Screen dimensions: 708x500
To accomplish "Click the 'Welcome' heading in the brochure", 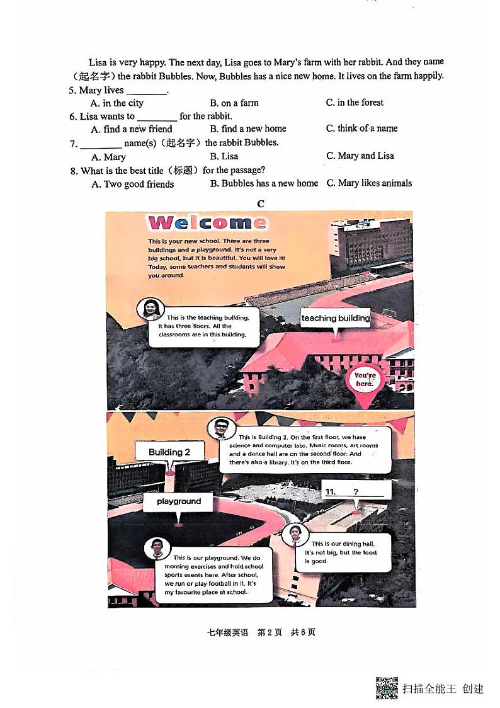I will [207, 222].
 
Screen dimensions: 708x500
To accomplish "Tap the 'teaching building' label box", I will [335, 318].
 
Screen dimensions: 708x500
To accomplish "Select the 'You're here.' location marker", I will [365, 379].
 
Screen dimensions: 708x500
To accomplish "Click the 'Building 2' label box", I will [169, 452].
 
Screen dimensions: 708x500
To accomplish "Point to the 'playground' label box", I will [179, 501].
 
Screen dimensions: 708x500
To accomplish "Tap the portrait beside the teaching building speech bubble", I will [151, 309].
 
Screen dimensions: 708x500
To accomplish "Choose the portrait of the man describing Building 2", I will [220, 428].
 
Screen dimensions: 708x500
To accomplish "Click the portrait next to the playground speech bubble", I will [157, 548].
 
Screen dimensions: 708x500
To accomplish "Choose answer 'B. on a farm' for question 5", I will [234, 103].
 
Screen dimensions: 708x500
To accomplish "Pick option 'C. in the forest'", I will [355, 103].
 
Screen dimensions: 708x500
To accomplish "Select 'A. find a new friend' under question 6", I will [132, 129].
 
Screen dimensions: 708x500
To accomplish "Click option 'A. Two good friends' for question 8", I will [133, 185].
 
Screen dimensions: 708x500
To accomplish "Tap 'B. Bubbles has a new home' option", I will [264, 183].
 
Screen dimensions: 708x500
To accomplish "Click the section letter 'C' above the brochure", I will [260, 203].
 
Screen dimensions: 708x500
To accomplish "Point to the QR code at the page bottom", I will [387, 688].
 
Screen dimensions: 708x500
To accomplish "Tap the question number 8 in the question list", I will [74, 171].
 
